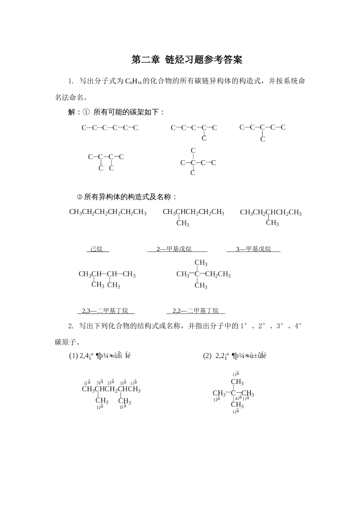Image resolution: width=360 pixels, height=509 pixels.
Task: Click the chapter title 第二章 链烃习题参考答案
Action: (x=186, y=59)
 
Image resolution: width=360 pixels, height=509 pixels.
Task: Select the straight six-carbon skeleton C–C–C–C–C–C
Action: (x=110, y=128)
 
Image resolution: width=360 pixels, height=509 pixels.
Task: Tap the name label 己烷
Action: (x=97, y=249)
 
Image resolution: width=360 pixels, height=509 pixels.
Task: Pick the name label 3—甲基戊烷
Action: (x=253, y=249)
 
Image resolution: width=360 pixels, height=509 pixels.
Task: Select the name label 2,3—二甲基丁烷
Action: (x=105, y=311)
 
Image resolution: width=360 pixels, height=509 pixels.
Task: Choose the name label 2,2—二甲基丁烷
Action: (x=196, y=311)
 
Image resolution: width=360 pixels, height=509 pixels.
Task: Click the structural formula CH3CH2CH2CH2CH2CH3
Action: (x=108, y=212)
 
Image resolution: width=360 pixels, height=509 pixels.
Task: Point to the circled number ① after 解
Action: (x=86, y=112)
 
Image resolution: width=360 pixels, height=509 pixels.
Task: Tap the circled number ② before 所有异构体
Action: (x=80, y=197)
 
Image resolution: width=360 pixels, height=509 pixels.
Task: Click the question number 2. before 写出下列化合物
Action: (x=71, y=326)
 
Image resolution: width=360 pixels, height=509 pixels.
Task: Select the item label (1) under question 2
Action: (x=73, y=356)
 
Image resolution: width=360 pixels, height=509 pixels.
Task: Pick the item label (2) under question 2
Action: (x=207, y=356)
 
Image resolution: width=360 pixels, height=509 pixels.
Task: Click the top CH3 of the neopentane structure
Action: (x=237, y=382)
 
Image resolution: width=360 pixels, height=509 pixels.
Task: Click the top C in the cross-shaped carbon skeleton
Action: (x=193, y=151)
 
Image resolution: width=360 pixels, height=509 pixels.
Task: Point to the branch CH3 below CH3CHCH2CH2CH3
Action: (x=183, y=223)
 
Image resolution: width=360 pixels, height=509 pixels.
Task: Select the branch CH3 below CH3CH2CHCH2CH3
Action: (x=272, y=223)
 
